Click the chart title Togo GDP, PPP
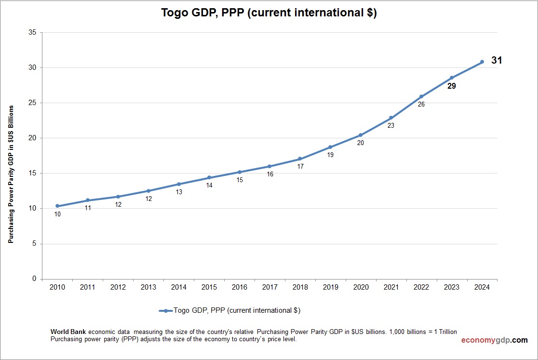(269, 13)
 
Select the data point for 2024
(482, 62)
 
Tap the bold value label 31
(497, 61)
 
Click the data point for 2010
(57, 206)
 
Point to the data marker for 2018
(300, 159)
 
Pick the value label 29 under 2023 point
(451, 86)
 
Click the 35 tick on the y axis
(33, 33)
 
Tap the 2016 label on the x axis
(239, 287)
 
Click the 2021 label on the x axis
(391, 287)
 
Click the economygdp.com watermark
(494, 340)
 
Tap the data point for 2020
(361, 135)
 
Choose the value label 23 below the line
(391, 126)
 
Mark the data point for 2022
(421, 96)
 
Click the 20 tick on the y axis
(33, 138)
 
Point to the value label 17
(300, 167)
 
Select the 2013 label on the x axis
(148, 287)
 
